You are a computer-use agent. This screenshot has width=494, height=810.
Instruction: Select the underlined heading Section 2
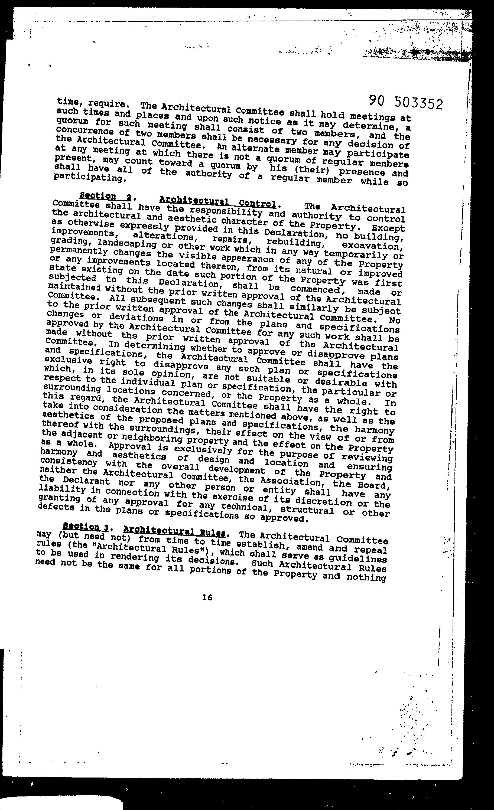point(106,197)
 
